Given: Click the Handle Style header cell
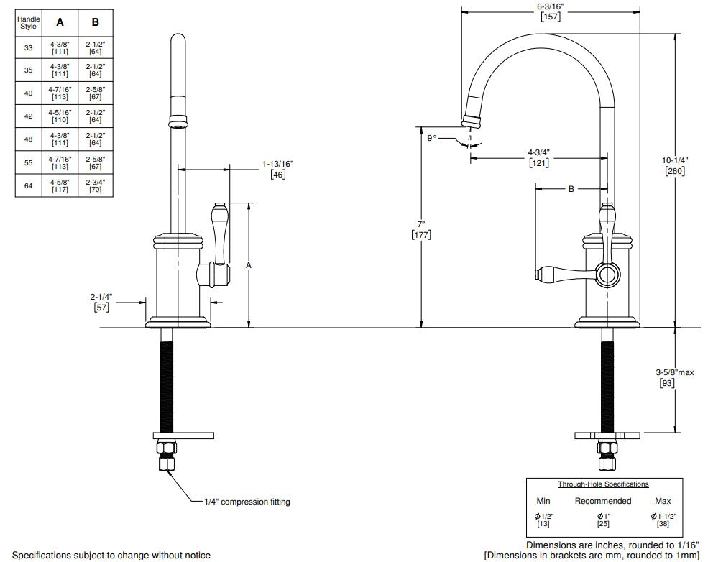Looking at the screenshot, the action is pos(29,22).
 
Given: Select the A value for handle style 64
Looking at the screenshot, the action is pos(60,185).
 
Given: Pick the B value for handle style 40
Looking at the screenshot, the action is pos(96,93).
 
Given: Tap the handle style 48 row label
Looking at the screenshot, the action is pos(29,139).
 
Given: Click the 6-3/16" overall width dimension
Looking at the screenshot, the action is pos(551,11).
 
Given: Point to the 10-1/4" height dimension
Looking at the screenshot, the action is pos(675,165).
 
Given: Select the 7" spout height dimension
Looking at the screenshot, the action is pos(420,229).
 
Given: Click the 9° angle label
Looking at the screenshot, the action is pos(432,138).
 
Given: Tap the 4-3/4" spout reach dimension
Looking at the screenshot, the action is pos(538,158).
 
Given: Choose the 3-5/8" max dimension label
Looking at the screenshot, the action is pos(675,377).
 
